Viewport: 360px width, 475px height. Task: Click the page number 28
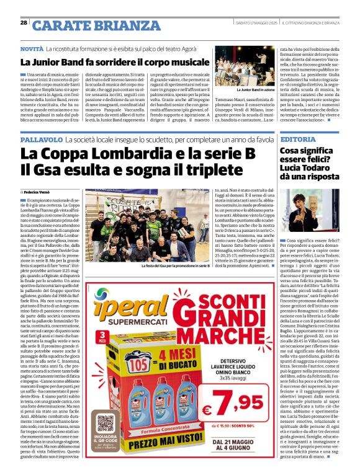[x=24, y=23]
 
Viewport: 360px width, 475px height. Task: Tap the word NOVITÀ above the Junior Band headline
[x=32, y=48]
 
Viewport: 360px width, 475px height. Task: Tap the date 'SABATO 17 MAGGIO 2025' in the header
[x=255, y=24]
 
